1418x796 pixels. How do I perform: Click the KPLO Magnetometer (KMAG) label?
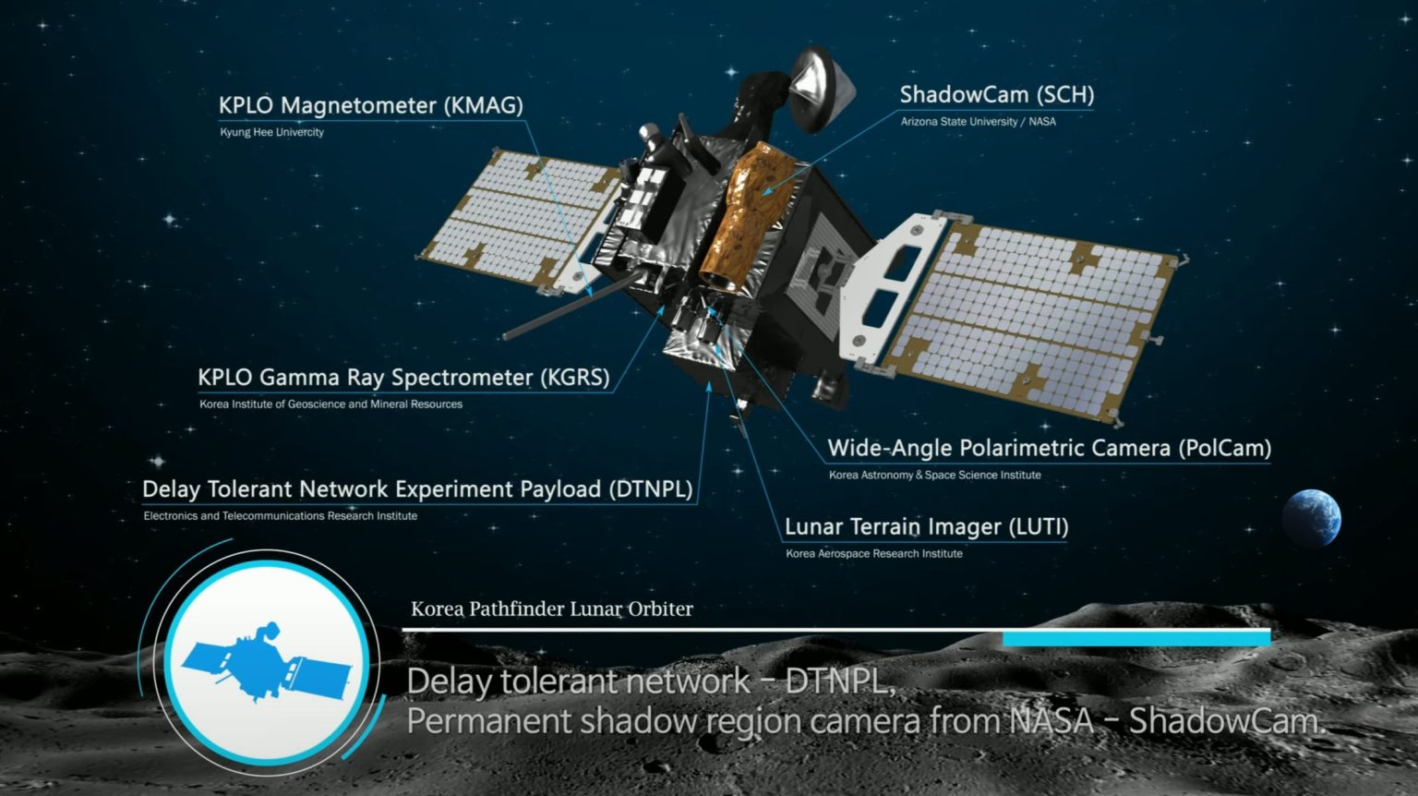[x=371, y=105]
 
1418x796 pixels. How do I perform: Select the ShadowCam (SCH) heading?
[x=997, y=94]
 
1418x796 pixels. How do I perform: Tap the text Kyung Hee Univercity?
[x=271, y=132]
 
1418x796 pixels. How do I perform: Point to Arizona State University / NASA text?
[x=978, y=122]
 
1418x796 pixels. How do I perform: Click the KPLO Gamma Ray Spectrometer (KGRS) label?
[x=403, y=378]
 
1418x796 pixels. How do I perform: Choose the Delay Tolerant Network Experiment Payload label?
[x=417, y=488]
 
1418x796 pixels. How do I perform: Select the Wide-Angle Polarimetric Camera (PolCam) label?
[x=1050, y=449]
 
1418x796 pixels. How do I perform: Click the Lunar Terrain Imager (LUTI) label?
[x=927, y=527]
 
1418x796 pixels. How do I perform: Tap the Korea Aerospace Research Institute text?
[x=873, y=554]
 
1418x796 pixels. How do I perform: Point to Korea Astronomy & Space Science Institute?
[x=934, y=475]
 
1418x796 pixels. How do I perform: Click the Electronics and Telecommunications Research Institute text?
[x=281, y=516]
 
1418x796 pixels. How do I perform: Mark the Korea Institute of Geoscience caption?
[x=330, y=404]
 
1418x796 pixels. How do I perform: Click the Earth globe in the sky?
[x=1312, y=517]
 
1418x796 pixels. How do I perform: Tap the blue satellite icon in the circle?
[x=266, y=662]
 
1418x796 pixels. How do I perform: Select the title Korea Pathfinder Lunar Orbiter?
[x=552, y=609]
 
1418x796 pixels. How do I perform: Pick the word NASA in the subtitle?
[x=1051, y=720]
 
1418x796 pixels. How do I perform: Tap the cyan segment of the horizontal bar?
[x=1137, y=638]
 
